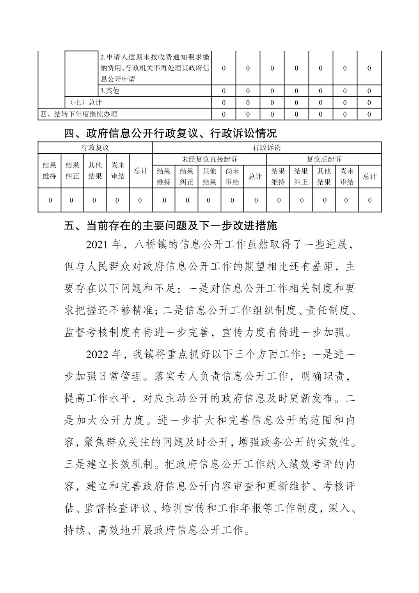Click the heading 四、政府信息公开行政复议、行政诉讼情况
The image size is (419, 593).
point(170,133)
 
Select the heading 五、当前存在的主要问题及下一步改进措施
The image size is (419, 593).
point(170,225)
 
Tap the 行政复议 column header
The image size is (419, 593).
point(95,148)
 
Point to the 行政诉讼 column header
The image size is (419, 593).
point(266,148)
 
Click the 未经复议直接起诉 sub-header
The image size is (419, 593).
point(209,159)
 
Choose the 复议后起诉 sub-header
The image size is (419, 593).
point(323,159)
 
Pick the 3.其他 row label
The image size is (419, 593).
point(110,91)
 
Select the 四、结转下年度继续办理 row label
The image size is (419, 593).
point(79,114)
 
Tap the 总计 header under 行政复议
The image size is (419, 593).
point(140,170)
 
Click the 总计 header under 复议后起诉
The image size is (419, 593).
point(369,176)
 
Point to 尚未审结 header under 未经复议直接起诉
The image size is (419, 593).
point(232,176)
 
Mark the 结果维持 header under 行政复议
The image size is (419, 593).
point(49,170)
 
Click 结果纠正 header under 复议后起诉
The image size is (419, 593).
point(301,176)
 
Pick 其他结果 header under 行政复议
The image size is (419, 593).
point(95,170)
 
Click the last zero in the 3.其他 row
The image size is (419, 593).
point(369,91)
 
